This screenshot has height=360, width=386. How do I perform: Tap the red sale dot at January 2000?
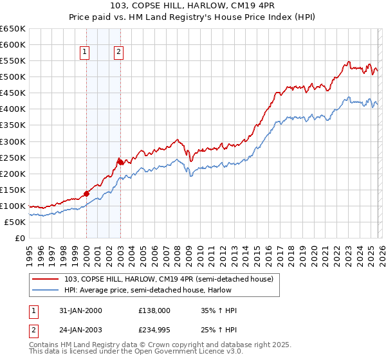pyautogui.click(x=86, y=193)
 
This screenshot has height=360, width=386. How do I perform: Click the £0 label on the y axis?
pyautogui.click(x=19, y=238)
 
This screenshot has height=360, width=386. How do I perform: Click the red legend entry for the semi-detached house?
pyautogui.click(x=169, y=278)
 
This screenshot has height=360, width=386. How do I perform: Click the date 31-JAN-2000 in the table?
pyautogui.click(x=80, y=310)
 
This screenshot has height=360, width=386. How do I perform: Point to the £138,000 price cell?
pyautogui.click(x=154, y=310)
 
